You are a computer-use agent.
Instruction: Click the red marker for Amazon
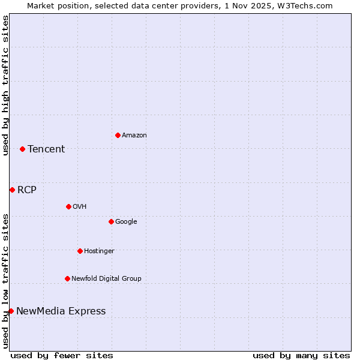pyautogui.click(x=118, y=135)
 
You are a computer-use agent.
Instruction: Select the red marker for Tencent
pyautogui.click(x=22, y=149)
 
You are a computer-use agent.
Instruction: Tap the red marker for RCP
pyautogui.click(x=12, y=190)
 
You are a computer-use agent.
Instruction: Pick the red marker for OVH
pyautogui.click(x=68, y=206)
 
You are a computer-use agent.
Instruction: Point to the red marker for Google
pyautogui.click(x=111, y=221)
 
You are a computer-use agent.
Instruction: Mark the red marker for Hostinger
pyautogui.click(x=80, y=251)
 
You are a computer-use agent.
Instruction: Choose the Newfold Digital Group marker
pyautogui.click(x=67, y=278)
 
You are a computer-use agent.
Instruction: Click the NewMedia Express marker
pyautogui.click(x=11, y=311)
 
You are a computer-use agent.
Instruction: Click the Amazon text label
pyautogui.click(x=134, y=136)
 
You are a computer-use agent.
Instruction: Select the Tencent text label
pyautogui.click(x=46, y=149)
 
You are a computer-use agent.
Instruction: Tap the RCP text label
pyautogui.click(x=27, y=190)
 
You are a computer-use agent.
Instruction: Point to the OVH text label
pyautogui.click(x=80, y=207)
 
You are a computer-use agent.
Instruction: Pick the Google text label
pyautogui.click(x=126, y=222)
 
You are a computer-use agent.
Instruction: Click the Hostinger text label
pyautogui.click(x=99, y=251)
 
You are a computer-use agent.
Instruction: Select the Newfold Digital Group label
pyautogui.click(x=106, y=278)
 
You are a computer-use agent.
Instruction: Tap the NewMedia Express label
pyautogui.click(x=61, y=311)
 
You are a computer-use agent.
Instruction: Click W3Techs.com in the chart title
pyautogui.click(x=307, y=5)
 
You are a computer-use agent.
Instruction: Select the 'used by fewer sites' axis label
pyautogui.click(x=62, y=355)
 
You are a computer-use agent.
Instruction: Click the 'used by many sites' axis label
pyautogui.click(x=301, y=355)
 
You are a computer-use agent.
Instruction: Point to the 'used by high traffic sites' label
pyautogui.click(x=5, y=85)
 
